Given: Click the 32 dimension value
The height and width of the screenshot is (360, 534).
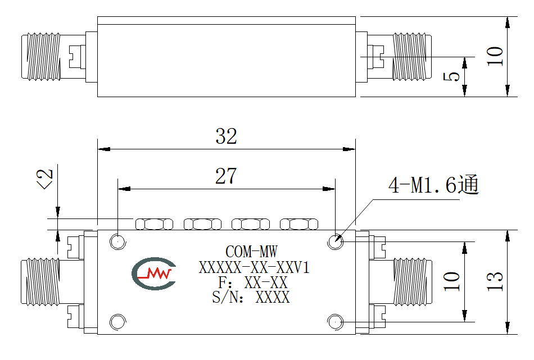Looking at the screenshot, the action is [x=226, y=136].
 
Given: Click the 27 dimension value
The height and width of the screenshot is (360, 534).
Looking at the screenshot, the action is [x=226, y=176].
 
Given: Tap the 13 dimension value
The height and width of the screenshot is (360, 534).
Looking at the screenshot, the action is [x=495, y=281].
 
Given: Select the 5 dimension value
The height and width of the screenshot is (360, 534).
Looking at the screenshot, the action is [x=451, y=76].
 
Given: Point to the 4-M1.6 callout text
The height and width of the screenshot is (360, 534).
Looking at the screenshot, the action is [x=433, y=185].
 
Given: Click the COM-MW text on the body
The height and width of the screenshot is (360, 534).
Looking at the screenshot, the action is [x=251, y=252].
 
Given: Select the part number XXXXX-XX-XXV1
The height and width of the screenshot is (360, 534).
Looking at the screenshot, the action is [x=254, y=267].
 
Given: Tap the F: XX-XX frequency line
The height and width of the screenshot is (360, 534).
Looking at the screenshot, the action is [x=253, y=282].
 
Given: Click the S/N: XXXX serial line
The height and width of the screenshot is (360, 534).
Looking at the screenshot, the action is [x=251, y=297].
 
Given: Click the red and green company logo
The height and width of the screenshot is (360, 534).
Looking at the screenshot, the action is [x=153, y=274].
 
